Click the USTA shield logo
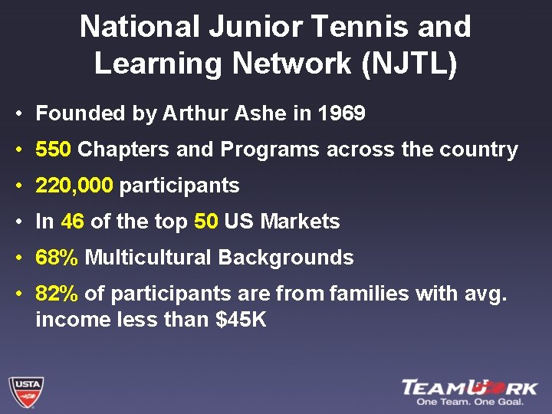pos(25,391)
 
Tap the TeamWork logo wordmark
pos(470,387)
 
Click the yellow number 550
pos(53,149)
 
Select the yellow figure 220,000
pos(74,186)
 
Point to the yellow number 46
pos(72,222)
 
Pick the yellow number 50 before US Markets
pos(206,222)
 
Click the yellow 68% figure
pos(57,258)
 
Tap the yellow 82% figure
pos(57,294)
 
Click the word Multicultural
pos(148,258)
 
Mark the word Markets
pos(300,222)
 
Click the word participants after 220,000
pos(179,186)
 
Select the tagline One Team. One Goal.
pos(476,402)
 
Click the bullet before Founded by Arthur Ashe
pos(17,114)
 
